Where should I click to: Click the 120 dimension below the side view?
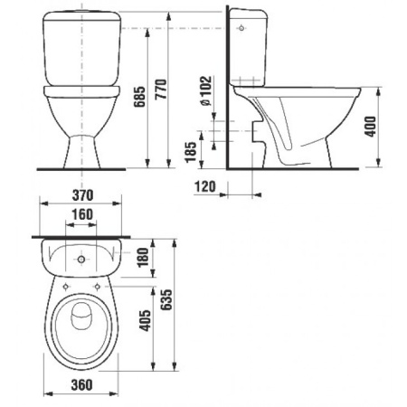(x=204, y=185)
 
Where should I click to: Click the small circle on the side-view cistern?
(x=241, y=29)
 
